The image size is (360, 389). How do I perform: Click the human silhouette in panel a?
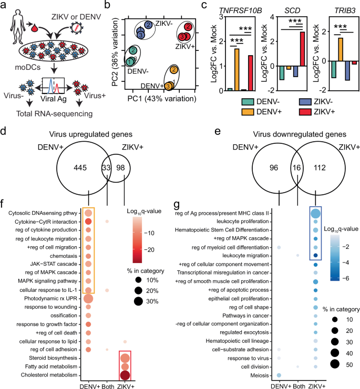click(x=18, y=27)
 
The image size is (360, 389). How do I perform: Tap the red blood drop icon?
click(x=34, y=27)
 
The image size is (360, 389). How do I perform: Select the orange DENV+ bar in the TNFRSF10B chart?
click(x=236, y=70)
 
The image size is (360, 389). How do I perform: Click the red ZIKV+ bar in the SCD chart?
click(x=302, y=49)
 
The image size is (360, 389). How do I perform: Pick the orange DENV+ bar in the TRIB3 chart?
click(x=341, y=50)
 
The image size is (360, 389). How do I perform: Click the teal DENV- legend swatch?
click(x=248, y=102)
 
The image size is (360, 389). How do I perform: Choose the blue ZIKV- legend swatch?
click(x=305, y=102)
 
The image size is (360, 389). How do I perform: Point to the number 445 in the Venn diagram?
click(x=80, y=168)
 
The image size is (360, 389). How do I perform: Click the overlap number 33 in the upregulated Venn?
click(x=106, y=168)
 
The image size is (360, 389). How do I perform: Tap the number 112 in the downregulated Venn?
click(x=320, y=168)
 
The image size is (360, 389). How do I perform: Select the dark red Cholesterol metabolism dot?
click(x=125, y=375)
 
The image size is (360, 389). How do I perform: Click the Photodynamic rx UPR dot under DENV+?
click(x=88, y=299)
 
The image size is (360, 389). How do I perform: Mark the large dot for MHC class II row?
click(x=315, y=213)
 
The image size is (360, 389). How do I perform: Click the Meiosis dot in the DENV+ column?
click(x=279, y=375)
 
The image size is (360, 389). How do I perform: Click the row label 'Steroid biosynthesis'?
click(x=53, y=358)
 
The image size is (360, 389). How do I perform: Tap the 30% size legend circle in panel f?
click(x=138, y=301)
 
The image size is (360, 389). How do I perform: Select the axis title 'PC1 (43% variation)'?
click(x=162, y=99)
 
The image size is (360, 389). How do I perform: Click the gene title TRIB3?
click(x=345, y=10)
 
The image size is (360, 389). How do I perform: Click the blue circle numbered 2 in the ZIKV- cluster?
click(x=148, y=25)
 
